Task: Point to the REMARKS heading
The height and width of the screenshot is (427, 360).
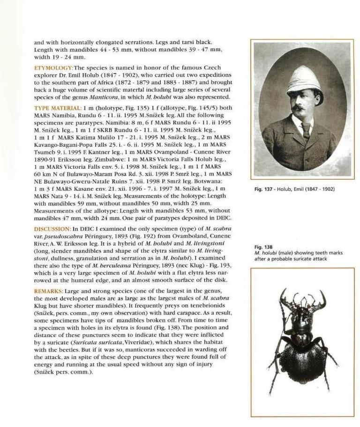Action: [x=50, y=291]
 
